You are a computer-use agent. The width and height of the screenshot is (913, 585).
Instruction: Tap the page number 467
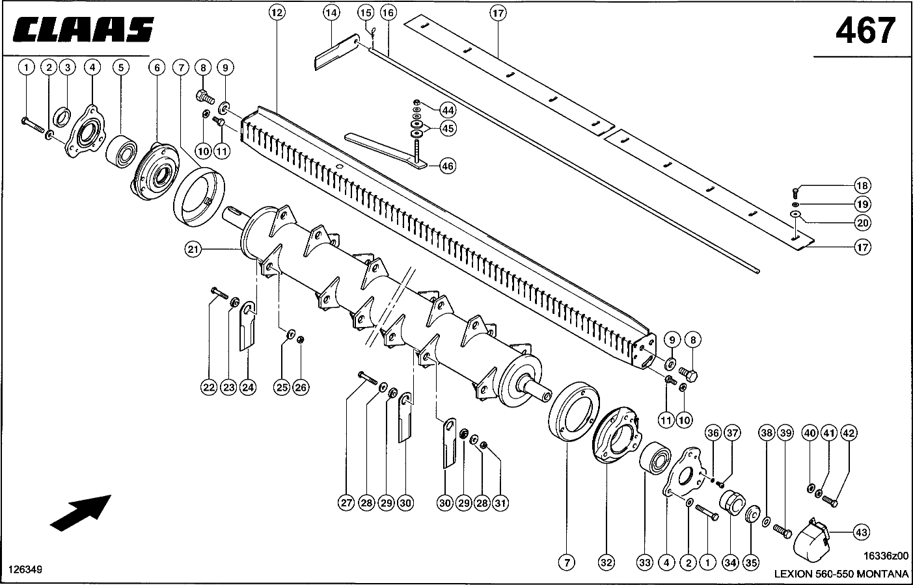coord(865,31)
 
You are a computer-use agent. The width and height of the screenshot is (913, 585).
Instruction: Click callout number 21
coord(191,249)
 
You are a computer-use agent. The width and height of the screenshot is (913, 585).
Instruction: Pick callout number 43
coord(861,532)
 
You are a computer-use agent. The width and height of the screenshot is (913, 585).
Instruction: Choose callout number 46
coord(447,166)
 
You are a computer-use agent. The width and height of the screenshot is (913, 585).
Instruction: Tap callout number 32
coord(606,564)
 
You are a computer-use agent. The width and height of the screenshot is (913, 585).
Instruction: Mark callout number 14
coord(331,12)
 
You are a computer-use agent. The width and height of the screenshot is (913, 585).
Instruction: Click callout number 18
coord(862,187)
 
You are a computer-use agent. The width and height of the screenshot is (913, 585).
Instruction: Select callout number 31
coord(500,502)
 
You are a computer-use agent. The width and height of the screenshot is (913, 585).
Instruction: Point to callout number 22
coord(208,387)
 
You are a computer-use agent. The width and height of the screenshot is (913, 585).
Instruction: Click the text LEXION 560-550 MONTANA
coord(841,574)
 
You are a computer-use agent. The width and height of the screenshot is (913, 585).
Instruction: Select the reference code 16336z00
coord(886,556)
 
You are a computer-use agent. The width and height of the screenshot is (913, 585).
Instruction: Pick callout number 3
coord(67,67)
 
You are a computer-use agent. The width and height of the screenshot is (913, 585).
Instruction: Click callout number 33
coord(644,564)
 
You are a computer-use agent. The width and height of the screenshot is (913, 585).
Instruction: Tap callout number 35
coord(751,564)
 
